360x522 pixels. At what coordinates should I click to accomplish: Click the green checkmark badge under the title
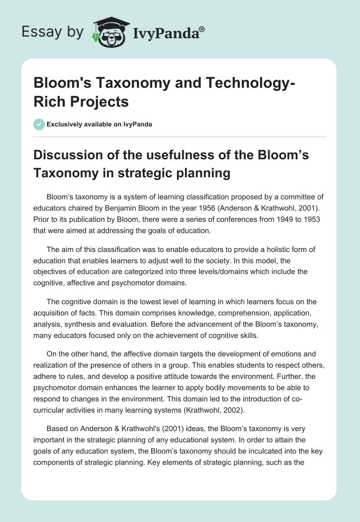pos(39,124)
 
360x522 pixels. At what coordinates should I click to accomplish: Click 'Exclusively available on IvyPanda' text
pos(100,125)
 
